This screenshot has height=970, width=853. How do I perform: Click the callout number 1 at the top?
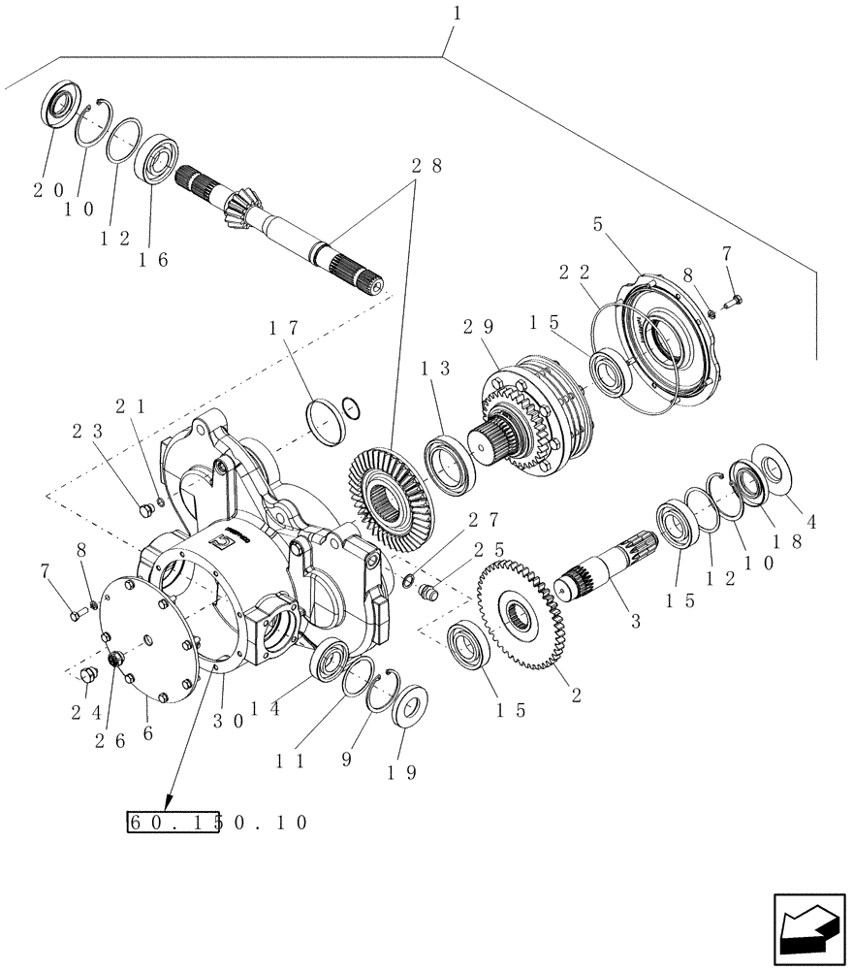pyautogui.click(x=457, y=15)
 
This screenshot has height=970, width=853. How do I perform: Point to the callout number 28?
pyautogui.click(x=424, y=167)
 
